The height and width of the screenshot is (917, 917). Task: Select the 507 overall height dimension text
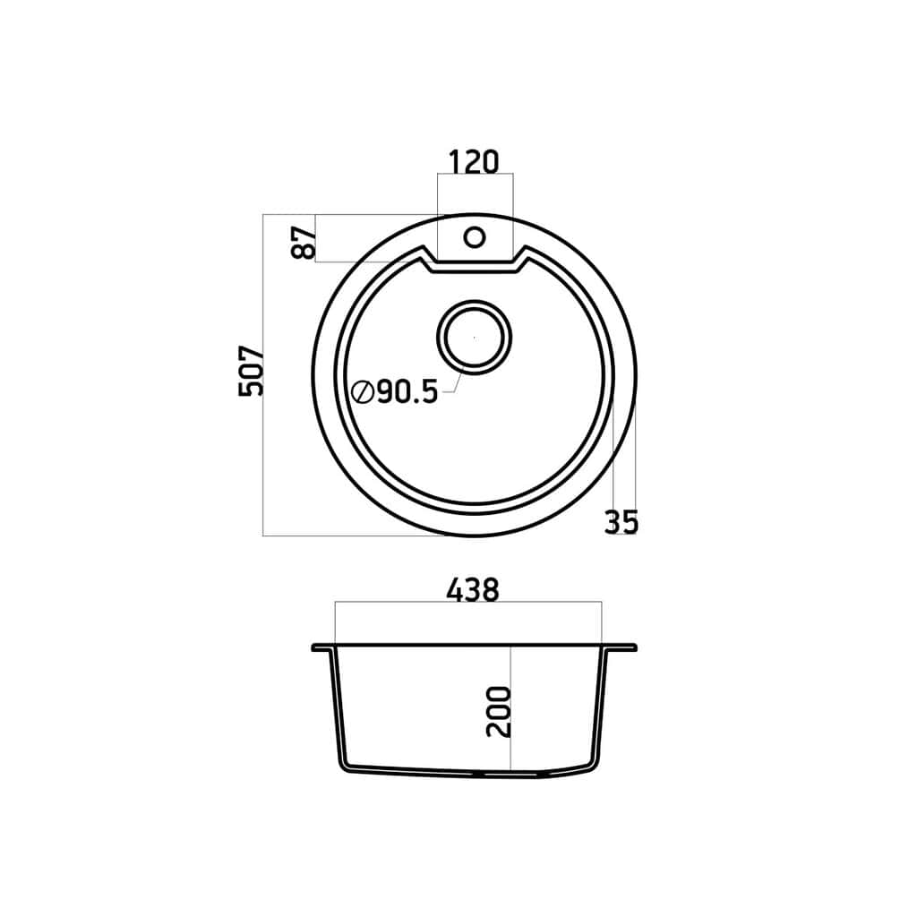point(252,372)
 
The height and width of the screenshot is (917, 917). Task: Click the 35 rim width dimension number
point(621,522)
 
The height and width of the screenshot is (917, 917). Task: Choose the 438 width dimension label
point(473,590)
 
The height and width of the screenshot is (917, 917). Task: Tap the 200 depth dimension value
point(499,711)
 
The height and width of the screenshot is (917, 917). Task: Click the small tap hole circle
point(475,237)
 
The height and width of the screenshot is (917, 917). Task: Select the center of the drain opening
point(475,338)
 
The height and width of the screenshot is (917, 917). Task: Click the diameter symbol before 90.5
point(363,391)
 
